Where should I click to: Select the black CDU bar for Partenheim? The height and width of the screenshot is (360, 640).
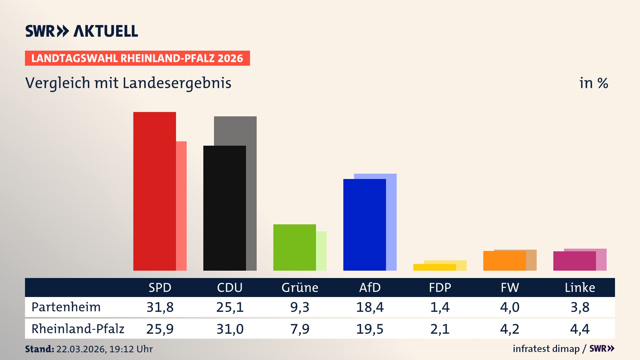pos(224,208)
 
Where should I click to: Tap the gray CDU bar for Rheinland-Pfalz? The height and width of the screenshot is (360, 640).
pos(251,193)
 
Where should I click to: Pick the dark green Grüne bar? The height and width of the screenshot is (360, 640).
pos(294,247)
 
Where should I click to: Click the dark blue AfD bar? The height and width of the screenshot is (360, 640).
pos(364,225)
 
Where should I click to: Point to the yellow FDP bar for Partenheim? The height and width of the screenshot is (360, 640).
pos(434,267)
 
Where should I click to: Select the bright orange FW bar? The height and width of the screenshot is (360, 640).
pos(504,261)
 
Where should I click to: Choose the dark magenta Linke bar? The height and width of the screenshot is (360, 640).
pos(574,261)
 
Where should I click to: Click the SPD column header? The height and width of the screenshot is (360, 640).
pos(160,288)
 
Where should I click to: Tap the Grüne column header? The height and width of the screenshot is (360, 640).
pos(300,288)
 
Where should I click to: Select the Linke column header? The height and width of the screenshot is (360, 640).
pos(580,288)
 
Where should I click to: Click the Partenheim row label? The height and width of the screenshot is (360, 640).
pos(66,307)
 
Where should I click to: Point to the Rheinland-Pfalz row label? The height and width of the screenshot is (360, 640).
pos(78,329)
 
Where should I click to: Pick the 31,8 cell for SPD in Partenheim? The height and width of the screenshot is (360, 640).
pos(160,307)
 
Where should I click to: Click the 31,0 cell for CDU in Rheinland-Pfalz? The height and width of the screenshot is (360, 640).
pos(230,329)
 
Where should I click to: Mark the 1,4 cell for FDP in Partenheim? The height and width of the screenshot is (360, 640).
pos(440,307)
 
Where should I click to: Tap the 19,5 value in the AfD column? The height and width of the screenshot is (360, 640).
pos(370,329)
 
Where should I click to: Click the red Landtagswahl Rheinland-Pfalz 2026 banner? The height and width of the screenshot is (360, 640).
pos(137,58)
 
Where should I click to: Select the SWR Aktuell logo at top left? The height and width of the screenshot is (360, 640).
pos(82,31)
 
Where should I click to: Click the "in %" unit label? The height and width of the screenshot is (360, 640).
pos(593,83)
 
